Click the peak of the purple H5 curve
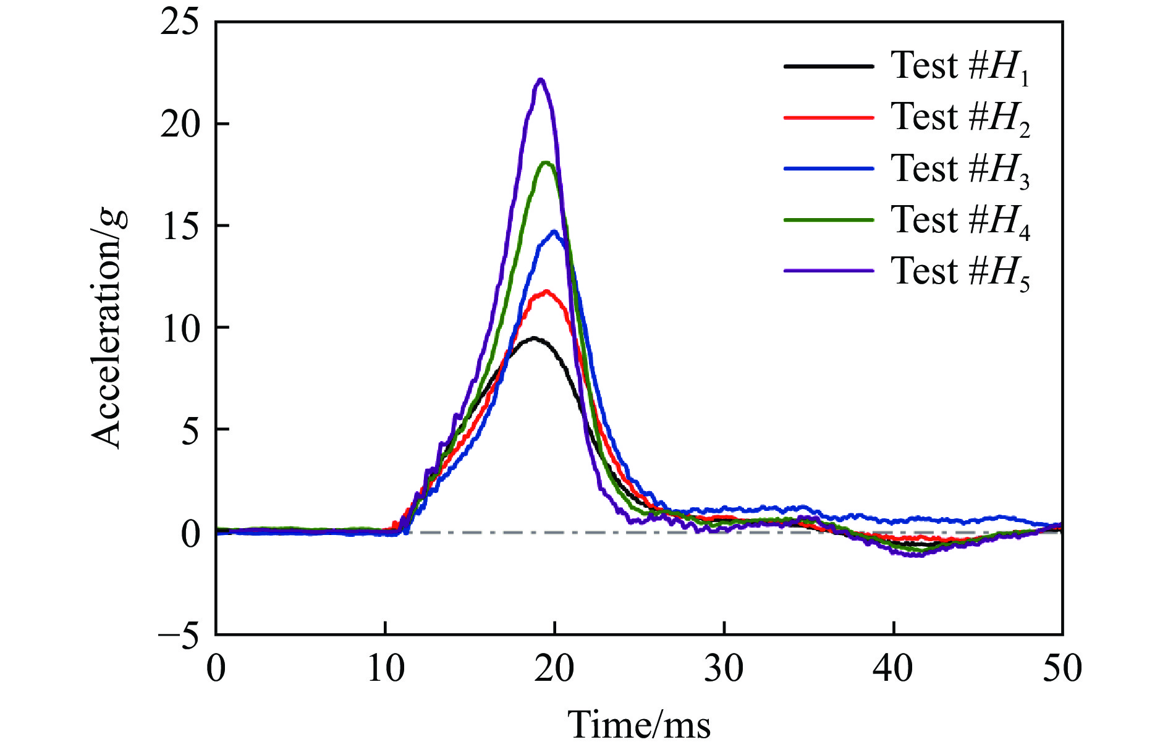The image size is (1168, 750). point(541,80)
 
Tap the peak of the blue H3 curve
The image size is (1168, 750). point(554,232)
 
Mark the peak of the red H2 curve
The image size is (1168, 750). point(546,291)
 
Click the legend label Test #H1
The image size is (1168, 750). point(960,67)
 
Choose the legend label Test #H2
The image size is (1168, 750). point(960,118)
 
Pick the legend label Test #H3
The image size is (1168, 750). point(960,169)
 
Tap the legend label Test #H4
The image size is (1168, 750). point(960,221)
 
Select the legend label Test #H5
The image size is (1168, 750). point(960,272)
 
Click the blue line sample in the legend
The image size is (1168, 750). point(829,168)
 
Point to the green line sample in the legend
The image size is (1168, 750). point(829,219)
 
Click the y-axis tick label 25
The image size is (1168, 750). point(180,23)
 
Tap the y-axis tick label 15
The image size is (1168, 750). point(180,227)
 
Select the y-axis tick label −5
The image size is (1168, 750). point(179,635)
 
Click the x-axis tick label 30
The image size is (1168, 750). point(724,669)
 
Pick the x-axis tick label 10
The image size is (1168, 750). point(386,669)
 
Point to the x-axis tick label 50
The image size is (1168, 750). point(1062,669)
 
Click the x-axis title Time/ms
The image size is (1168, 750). point(639,725)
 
